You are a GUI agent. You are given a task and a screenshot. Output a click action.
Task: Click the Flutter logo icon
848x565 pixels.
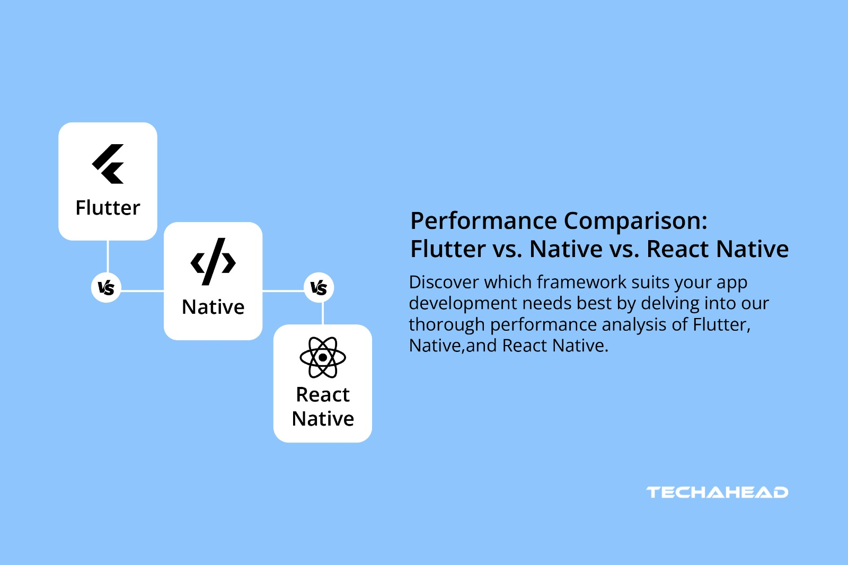[108, 164]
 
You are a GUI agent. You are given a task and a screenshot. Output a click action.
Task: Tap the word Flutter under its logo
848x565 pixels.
[108, 208]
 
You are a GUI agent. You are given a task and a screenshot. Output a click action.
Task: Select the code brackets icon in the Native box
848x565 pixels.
[213, 262]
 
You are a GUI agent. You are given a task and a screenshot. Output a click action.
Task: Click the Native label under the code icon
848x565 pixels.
[213, 307]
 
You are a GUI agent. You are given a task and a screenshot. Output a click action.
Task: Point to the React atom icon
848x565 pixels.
[322, 357]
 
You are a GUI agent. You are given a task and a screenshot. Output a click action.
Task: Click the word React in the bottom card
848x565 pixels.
[322, 395]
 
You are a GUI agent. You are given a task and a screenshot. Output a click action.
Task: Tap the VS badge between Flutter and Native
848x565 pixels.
[107, 288]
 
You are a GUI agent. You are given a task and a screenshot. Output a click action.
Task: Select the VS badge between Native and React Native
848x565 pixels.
[319, 288]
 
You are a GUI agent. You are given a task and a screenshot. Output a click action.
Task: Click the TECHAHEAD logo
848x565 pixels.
[717, 492]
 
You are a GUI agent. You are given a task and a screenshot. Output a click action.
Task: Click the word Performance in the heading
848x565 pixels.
[483, 221]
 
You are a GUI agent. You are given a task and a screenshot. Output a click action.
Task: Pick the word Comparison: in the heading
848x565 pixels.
[635, 221]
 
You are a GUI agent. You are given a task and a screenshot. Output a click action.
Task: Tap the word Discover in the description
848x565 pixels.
[444, 282]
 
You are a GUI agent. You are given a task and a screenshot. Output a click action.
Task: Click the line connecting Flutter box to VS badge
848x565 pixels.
[108, 257]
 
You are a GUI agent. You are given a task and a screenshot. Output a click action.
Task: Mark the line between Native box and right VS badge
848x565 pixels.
[283, 290]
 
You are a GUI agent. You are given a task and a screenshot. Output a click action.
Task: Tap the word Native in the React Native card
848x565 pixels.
[322, 419]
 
